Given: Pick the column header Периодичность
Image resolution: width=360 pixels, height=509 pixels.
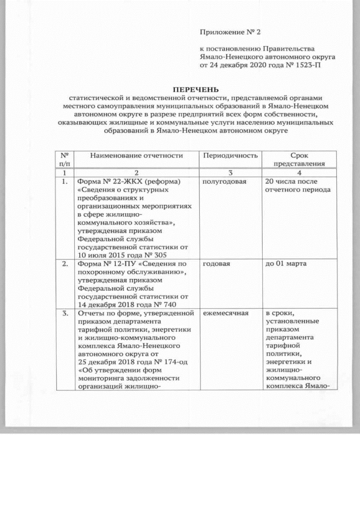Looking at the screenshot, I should (x=231, y=155).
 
